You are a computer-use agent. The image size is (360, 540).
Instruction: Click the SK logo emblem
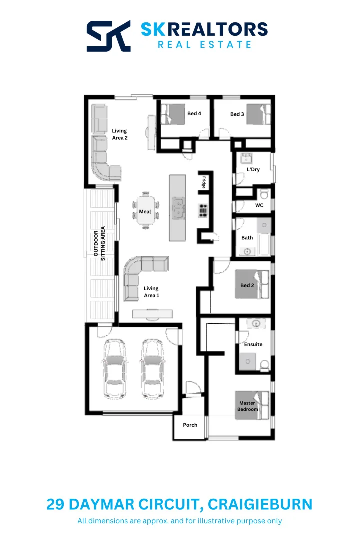pyautogui.click(x=109, y=36)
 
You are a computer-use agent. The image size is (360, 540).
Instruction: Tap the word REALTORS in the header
pyautogui.click(x=218, y=29)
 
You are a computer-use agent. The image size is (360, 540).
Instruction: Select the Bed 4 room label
pyautogui.click(x=194, y=114)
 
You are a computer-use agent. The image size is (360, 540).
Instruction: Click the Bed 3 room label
pyautogui.click(x=237, y=114)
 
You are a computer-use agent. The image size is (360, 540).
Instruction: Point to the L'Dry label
pyautogui.click(x=253, y=170)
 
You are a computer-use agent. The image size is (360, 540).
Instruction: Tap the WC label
pyautogui.click(x=259, y=205)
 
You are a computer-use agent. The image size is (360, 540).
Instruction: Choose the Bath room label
pyautogui.click(x=247, y=238)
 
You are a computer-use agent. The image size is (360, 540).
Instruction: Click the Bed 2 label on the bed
pyautogui.click(x=247, y=286)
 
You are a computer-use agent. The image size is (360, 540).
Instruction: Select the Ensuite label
pyautogui.click(x=253, y=344)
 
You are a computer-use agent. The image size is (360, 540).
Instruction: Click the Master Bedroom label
pyautogui.click(x=248, y=406)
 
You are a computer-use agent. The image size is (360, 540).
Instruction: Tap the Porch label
pyautogui.click(x=190, y=425)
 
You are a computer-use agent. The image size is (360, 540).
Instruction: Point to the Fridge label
pyautogui.click(x=204, y=182)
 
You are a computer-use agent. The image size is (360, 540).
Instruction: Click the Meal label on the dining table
pyautogui.click(x=145, y=212)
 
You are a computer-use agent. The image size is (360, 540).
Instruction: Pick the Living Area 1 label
pyautogui.click(x=151, y=292)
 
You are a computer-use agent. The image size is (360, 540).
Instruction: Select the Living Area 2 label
pyautogui.click(x=119, y=134)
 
